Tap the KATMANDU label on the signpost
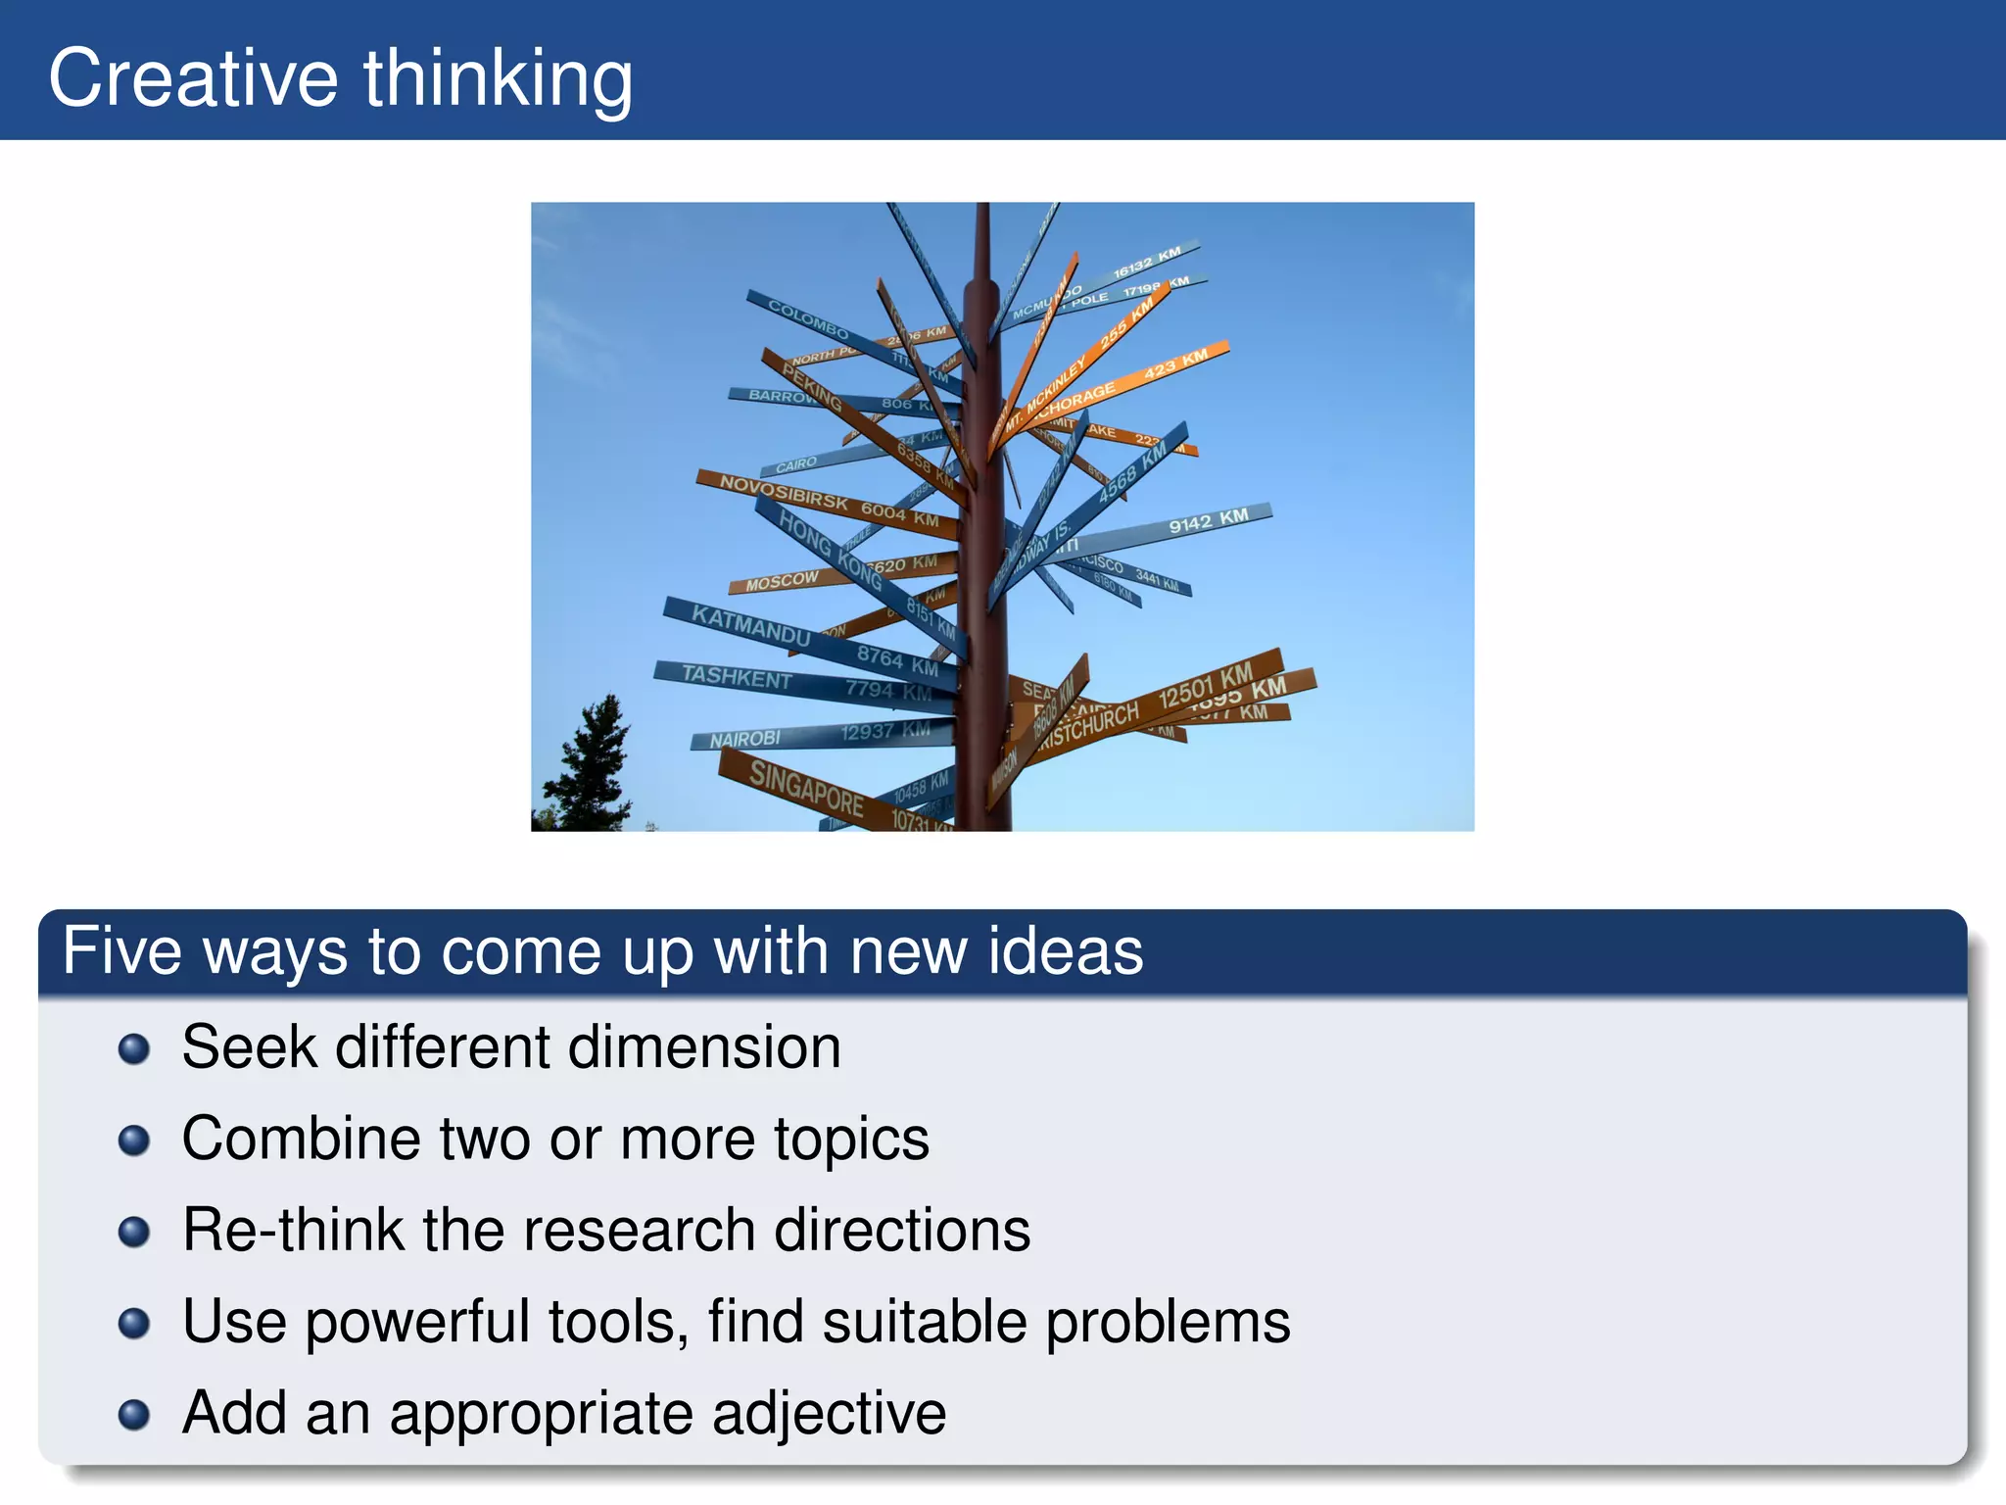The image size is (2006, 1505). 750,624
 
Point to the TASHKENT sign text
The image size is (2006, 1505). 737,677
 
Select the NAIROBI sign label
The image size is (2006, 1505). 745,739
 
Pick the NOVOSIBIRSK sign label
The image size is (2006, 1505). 784,491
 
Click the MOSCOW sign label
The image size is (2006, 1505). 781,580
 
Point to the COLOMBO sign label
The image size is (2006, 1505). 807,319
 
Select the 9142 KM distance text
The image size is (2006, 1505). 1208,521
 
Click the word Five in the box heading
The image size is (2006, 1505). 121,951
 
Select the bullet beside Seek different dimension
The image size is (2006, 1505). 134,1049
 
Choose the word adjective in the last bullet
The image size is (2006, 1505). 829,1414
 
